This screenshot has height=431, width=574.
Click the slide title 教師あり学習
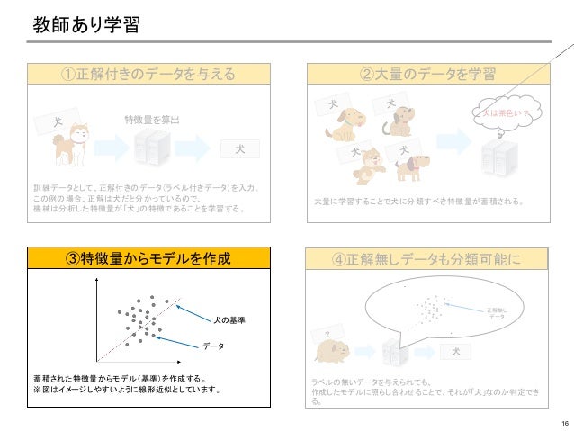coord(85,24)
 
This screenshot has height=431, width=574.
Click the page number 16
coord(563,423)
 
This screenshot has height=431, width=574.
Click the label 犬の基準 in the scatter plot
coord(229,320)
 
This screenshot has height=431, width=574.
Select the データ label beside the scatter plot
coord(213,345)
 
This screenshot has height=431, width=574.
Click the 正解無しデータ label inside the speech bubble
coord(496,311)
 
